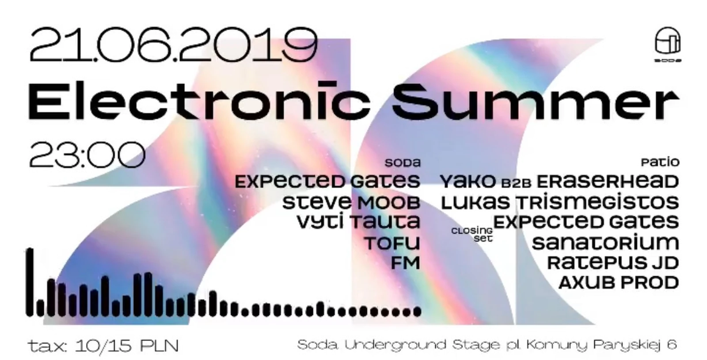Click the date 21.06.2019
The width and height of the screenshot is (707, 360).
[173, 44]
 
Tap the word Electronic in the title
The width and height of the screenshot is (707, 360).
[199, 101]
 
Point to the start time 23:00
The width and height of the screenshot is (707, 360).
[87, 155]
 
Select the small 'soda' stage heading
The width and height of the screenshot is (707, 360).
[403, 163]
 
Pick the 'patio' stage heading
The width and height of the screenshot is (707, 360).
[660, 162]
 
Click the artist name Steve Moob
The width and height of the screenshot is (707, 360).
[351, 203]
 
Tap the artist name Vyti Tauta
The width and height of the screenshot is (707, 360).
[358, 222]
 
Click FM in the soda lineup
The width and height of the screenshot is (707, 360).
[406, 263]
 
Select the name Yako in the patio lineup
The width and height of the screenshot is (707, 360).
[468, 182]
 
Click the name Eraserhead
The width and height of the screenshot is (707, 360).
[608, 182]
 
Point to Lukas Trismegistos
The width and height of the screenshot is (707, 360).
[560, 202]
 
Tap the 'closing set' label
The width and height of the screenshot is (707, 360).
[472, 235]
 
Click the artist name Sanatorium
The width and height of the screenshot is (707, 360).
[605, 243]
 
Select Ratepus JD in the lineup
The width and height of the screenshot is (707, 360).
[613, 263]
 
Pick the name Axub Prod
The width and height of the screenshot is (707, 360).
[619, 283]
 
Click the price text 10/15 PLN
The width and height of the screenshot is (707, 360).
[127, 346]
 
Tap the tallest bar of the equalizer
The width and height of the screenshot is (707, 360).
[30, 282]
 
